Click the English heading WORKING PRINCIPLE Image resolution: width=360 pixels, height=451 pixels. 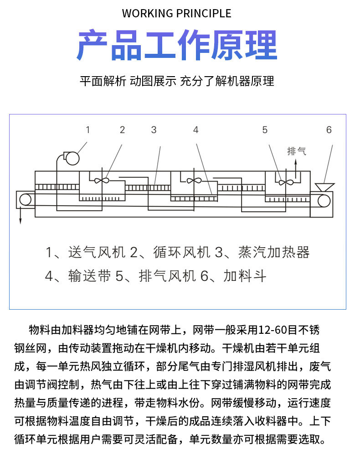[176, 14]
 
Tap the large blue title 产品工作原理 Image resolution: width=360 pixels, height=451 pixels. [177, 45]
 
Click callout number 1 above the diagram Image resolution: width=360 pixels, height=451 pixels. [88, 130]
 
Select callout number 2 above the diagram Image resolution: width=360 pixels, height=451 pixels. [122, 130]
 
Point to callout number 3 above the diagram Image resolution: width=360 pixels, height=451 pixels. [154, 130]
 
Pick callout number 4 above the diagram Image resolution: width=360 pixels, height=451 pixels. [196, 130]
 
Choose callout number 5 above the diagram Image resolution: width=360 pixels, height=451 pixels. [265, 130]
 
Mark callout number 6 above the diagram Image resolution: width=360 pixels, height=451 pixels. [329, 130]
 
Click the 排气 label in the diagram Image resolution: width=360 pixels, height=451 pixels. [297, 151]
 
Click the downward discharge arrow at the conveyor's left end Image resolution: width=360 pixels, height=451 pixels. [21, 215]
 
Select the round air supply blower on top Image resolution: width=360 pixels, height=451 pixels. [72, 158]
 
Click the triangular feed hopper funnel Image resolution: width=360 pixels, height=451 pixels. [324, 187]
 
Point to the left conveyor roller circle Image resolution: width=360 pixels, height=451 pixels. [26, 200]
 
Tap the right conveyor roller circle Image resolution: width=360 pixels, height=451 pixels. [324, 201]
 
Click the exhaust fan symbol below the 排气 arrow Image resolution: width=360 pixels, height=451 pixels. [286, 182]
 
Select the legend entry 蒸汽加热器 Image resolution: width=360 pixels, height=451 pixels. [274, 252]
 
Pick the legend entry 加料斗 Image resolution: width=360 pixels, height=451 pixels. [245, 276]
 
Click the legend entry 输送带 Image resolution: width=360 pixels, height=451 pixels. [90, 276]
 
